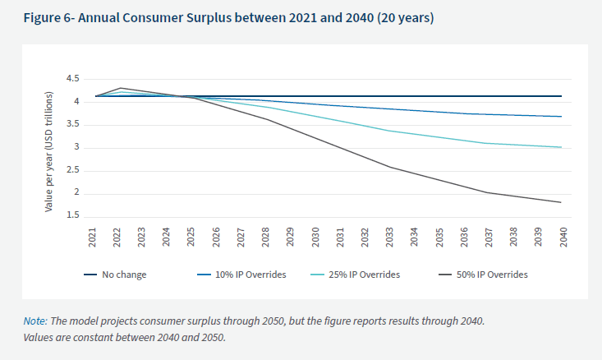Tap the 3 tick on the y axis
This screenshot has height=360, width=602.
(76, 148)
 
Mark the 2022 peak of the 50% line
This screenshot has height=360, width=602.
(121, 87)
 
